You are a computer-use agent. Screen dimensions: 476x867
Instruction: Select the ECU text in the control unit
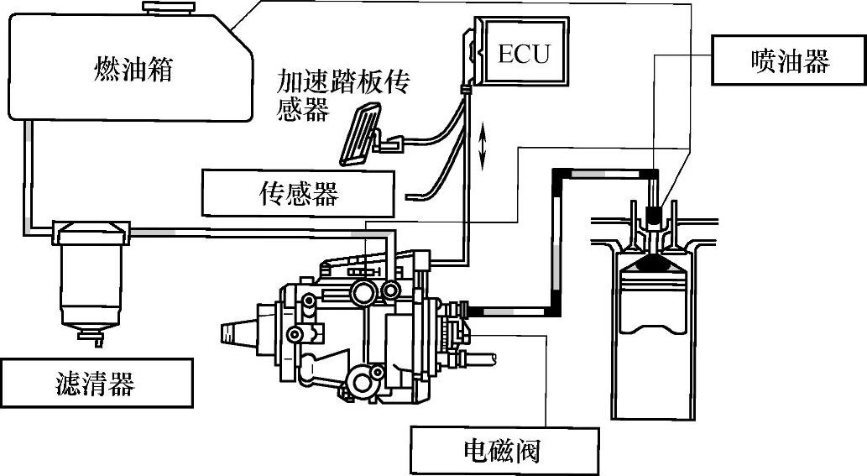pyautogui.click(x=524, y=53)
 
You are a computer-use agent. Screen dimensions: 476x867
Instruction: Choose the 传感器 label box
pyautogui.click(x=298, y=194)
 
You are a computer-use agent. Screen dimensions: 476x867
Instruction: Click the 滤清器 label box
pyautogui.click(x=96, y=384)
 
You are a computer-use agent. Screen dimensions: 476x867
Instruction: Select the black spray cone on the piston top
pyautogui.click(x=655, y=263)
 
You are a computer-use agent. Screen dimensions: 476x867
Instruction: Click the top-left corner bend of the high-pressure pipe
pyautogui.click(x=556, y=173)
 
